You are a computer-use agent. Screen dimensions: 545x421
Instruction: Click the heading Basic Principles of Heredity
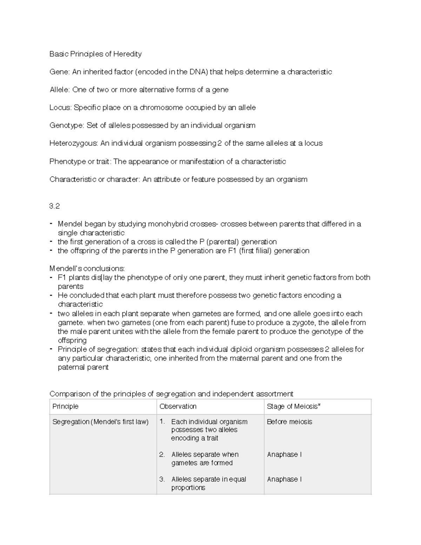tap(95, 54)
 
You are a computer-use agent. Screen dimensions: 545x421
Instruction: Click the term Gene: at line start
tap(60, 72)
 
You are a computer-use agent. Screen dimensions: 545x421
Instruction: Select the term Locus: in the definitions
tap(60, 108)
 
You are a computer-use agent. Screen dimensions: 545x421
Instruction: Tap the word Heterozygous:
tap(74, 144)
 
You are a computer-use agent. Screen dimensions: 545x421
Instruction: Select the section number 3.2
tap(54, 206)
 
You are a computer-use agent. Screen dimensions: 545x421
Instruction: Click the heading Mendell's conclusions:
tap(87, 269)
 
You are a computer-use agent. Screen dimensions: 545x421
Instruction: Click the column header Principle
tap(65, 406)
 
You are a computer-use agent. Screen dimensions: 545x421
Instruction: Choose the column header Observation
tap(178, 406)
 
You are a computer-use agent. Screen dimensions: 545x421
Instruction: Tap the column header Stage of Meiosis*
tap(294, 406)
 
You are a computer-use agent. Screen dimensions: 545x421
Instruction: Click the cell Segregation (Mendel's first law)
tap(100, 422)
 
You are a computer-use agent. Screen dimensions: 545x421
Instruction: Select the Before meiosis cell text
tap(289, 422)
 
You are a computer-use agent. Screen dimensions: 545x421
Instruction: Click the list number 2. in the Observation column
tap(162, 454)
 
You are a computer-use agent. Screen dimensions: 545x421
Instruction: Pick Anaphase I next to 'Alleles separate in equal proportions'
tap(284, 479)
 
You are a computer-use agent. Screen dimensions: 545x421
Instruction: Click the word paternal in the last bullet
tap(70, 367)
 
